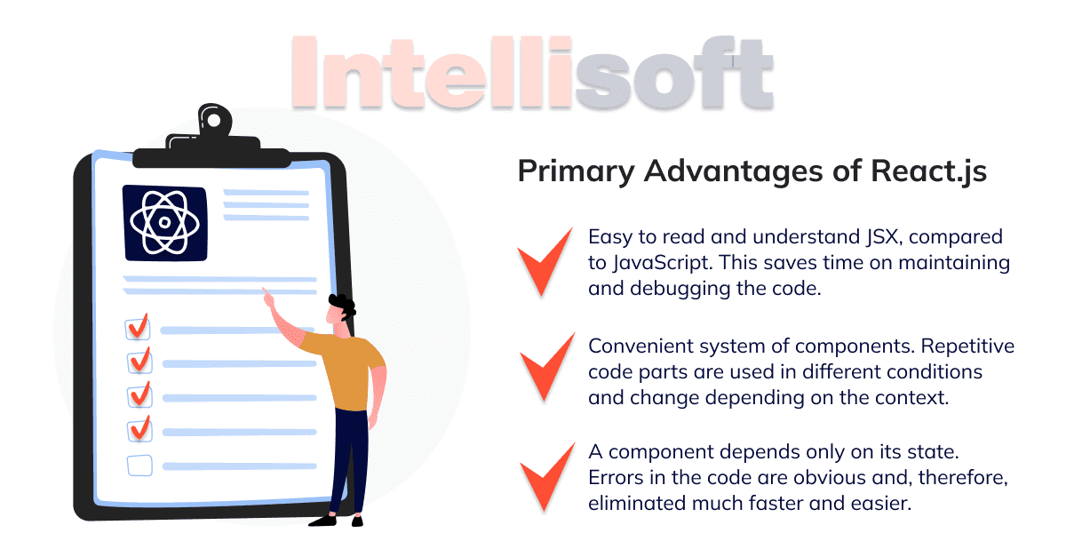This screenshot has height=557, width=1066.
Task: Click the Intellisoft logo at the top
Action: (532, 72)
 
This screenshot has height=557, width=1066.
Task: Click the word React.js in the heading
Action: (928, 171)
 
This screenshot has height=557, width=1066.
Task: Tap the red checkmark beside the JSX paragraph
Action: (545, 262)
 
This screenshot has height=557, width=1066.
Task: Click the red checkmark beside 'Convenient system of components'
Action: (547, 367)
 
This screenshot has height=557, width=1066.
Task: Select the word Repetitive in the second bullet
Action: (967, 346)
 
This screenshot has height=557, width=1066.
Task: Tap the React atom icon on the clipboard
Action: (165, 223)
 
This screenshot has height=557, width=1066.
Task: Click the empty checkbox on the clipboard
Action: (140, 465)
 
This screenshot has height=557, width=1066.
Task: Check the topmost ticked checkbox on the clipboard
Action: (138, 328)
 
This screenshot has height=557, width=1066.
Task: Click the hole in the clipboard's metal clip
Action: (214, 121)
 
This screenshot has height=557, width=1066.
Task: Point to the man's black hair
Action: (343, 306)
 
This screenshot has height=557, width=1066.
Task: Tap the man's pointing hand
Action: (268, 298)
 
